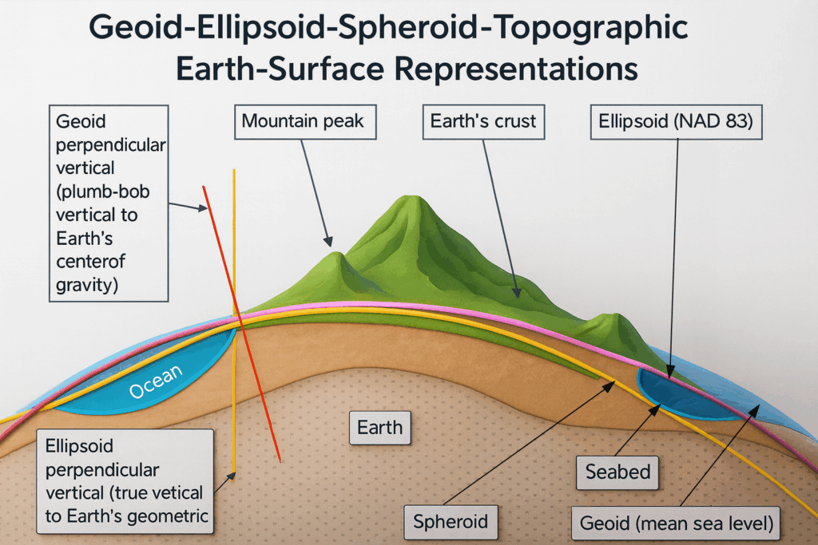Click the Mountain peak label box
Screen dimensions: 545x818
[304, 122]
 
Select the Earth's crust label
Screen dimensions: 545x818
[482, 122]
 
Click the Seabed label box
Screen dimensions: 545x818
[617, 472]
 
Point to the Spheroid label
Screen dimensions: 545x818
[451, 522]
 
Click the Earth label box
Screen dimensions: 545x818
[380, 427]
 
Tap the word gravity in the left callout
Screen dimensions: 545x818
[85, 284]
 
